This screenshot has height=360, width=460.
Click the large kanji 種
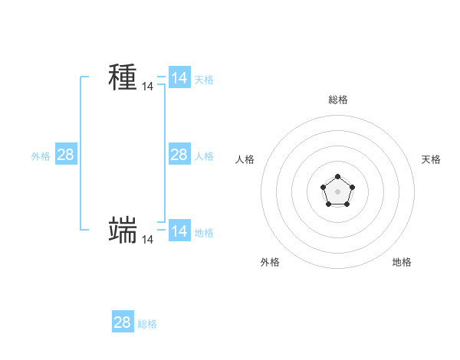coord(123,77)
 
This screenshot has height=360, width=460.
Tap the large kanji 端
coord(123,230)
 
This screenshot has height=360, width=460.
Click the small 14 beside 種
coord(147,87)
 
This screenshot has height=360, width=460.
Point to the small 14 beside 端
coord(147,240)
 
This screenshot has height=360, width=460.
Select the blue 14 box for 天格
coord(179,78)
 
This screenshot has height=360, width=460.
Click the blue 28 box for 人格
coord(179,155)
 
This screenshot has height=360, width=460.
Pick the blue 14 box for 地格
coord(179,231)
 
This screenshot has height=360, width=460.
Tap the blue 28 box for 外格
coord(65,155)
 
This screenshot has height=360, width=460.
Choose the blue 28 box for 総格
coord(123,322)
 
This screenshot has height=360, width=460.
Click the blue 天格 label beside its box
coord(204,80)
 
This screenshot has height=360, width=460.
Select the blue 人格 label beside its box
coord(204,156)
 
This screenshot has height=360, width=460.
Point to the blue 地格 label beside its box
coord(204,233)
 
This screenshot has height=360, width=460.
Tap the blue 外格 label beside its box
coord(41,156)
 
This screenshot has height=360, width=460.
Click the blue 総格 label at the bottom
coord(147,324)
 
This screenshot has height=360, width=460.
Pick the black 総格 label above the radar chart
coord(338,100)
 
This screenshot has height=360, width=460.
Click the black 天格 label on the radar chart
coord(431,159)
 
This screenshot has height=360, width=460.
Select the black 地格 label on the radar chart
coord(402,262)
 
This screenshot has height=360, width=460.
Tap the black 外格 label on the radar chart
coord(270,262)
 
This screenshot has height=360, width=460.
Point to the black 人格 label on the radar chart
coord(245,159)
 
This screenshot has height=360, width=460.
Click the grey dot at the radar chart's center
coord(337,191)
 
